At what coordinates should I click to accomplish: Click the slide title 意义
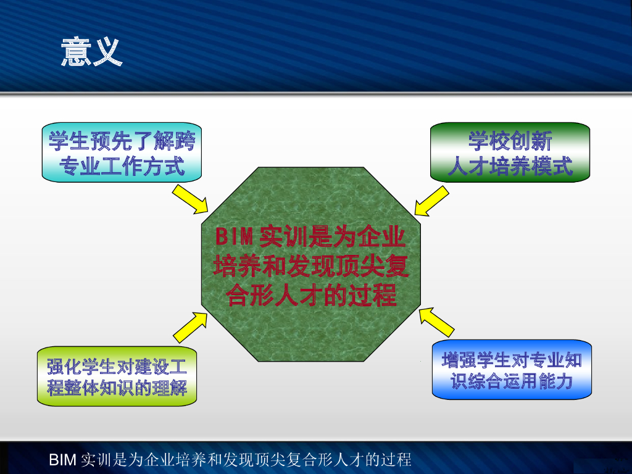click(91, 51)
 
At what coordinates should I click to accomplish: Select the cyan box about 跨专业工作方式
click(122, 152)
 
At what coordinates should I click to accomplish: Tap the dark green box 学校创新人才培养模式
click(510, 152)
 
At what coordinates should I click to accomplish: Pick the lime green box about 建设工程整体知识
click(117, 376)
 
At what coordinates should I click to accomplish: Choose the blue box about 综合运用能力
click(512, 370)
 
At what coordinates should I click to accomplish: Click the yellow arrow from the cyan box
click(190, 199)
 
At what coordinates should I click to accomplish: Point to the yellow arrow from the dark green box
click(431, 201)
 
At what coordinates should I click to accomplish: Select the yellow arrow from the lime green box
click(190, 327)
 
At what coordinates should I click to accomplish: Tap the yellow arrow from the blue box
click(436, 322)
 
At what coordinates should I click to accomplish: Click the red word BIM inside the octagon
click(234, 236)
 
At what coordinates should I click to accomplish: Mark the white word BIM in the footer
click(62, 459)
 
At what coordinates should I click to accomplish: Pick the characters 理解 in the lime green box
click(170, 388)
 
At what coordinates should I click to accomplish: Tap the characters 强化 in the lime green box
click(64, 367)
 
